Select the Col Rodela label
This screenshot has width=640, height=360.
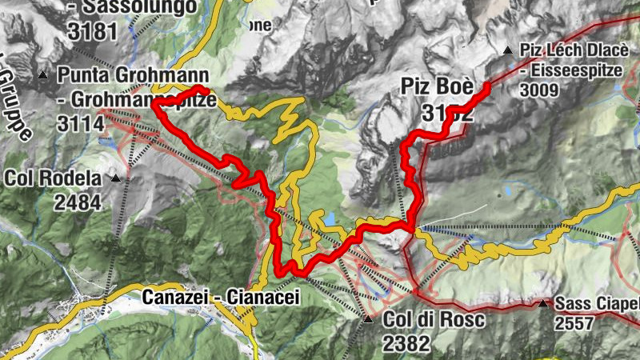53,178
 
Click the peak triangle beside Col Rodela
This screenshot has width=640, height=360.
116,178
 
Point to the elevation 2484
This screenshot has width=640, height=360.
78,202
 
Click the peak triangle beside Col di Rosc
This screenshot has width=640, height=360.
368,319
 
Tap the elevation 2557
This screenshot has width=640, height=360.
578,324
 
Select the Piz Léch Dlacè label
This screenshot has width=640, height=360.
571,50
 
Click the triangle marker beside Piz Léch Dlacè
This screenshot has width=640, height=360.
507,50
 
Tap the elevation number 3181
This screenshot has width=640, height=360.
94,31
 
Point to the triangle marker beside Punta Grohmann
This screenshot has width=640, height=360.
43,75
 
